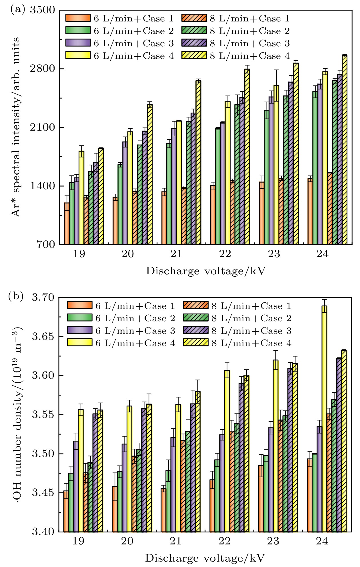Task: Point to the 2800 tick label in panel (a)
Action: tap(43, 69)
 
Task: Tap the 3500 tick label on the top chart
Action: tap(43, 10)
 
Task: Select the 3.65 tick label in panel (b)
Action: tap(43, 337)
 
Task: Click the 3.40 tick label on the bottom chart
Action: tap(43, 532)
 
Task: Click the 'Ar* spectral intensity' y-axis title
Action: tap(16, 127)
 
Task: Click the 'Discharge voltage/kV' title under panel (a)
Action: tap(206, 271)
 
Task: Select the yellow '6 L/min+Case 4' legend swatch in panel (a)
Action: tap(78, 55)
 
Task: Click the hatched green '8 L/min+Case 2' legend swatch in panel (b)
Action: tap(196, 318)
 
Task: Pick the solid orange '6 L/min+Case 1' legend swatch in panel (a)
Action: tap(78, 18)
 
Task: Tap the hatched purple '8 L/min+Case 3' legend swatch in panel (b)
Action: tap(196, 330)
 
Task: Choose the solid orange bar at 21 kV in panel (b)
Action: tap(163, 510)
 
